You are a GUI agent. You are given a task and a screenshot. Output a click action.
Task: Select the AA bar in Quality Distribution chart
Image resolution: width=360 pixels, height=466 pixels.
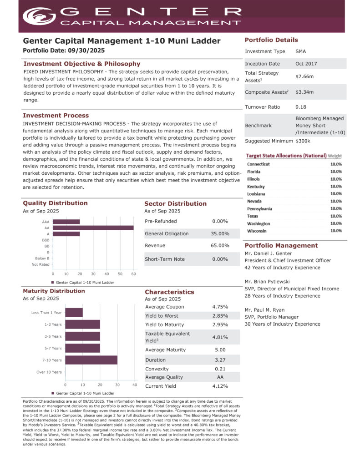point(93,228)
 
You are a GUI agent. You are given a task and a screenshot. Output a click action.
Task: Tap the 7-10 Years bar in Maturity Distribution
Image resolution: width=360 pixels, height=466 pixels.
point(91,360)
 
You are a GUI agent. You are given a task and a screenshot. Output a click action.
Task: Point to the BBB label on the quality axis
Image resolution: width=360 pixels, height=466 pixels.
point(45,240)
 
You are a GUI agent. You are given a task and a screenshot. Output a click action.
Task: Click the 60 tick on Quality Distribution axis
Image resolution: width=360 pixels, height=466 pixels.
point(133,274)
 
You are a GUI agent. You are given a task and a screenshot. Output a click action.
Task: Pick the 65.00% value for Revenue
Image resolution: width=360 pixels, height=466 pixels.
point(220,246)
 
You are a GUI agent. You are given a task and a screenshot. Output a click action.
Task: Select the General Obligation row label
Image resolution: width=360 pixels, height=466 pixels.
point(167,234)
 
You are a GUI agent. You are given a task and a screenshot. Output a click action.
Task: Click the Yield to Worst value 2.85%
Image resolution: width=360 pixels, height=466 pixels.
point(220,316)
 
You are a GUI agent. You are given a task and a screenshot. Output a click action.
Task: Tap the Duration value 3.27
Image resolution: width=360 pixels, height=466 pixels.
point(220,360)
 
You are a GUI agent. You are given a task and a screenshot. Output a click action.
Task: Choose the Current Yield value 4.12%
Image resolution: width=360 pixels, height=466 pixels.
point(220,386)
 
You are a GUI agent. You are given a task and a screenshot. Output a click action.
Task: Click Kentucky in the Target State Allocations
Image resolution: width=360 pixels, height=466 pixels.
point(256,187)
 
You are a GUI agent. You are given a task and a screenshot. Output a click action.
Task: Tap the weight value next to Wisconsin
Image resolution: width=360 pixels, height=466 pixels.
point(336,231)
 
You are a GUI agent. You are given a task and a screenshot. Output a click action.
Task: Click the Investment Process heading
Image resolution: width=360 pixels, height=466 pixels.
point(56,116)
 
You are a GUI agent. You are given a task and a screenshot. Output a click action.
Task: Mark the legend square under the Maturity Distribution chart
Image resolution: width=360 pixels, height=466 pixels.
point(53,393)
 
